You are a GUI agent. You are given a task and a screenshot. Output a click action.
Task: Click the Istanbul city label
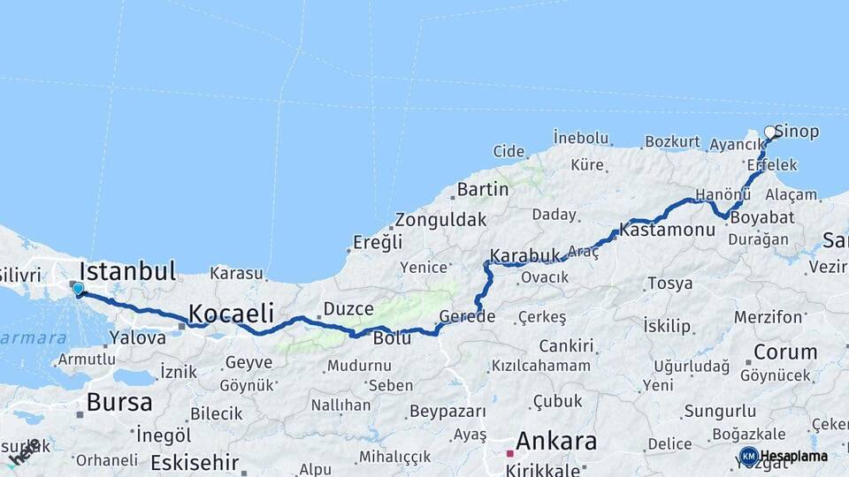point(128,270)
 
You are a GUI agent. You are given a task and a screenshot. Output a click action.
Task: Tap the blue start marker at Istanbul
point(78,288)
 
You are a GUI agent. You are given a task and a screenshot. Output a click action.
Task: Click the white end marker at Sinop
point(770,132)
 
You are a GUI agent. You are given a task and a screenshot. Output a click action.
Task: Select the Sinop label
point(797,132)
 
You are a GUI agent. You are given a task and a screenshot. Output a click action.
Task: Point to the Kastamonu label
point(668,230)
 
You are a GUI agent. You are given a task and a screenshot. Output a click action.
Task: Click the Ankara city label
point(556,441)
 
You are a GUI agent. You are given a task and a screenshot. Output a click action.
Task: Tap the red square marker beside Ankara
point(510,453)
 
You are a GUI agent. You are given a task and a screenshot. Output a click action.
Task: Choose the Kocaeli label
point(230,313)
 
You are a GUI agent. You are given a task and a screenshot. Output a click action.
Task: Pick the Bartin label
point(483,189)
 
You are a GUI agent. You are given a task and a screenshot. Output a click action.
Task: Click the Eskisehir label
point(195,462)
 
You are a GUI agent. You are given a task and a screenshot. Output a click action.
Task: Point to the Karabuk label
point(525,255)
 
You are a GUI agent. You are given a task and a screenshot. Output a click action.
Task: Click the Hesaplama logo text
point(794,457)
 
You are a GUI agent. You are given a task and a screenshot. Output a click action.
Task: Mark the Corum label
point(785,352)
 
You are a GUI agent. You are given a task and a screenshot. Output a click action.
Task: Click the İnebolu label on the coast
point(581,137)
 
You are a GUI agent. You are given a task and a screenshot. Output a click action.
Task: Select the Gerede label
point(467,317)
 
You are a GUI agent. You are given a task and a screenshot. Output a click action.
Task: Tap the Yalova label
point(137,337)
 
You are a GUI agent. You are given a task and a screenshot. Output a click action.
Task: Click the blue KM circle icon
point(748,456)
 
